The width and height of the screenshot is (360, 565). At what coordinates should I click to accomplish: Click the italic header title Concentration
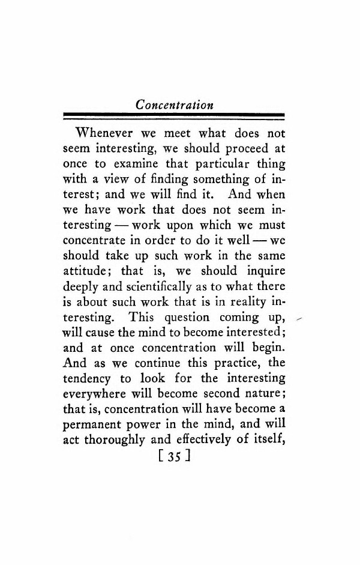pos(174,104)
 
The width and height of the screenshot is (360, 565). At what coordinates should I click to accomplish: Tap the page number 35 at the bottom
pos(173,456)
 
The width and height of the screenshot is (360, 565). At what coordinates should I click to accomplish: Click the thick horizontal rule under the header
pos(173,115)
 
